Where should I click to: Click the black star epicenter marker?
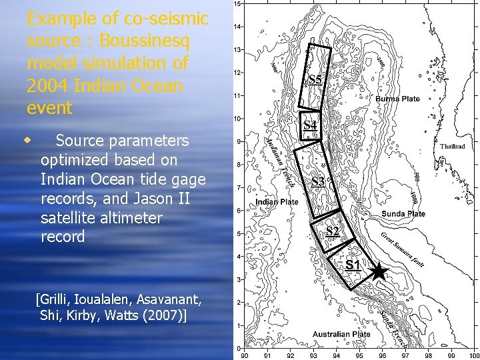pos(377,271)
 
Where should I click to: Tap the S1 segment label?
pos(353,265)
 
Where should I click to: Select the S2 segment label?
pos(333,232)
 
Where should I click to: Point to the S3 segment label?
pos(318,181)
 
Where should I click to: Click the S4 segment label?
pos(311,125)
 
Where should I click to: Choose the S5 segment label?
pos(315,81)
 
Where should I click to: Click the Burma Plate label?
pos(398,99)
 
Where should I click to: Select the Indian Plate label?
pos(277,201)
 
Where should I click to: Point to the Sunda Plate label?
pos(403,214)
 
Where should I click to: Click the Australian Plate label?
pos(341,334)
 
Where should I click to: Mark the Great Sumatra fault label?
pos(404,247)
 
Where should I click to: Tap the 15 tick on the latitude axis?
pos(237,4)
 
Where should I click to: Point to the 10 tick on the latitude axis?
pos(237,119)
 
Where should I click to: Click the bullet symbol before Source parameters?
pos(27,141)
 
